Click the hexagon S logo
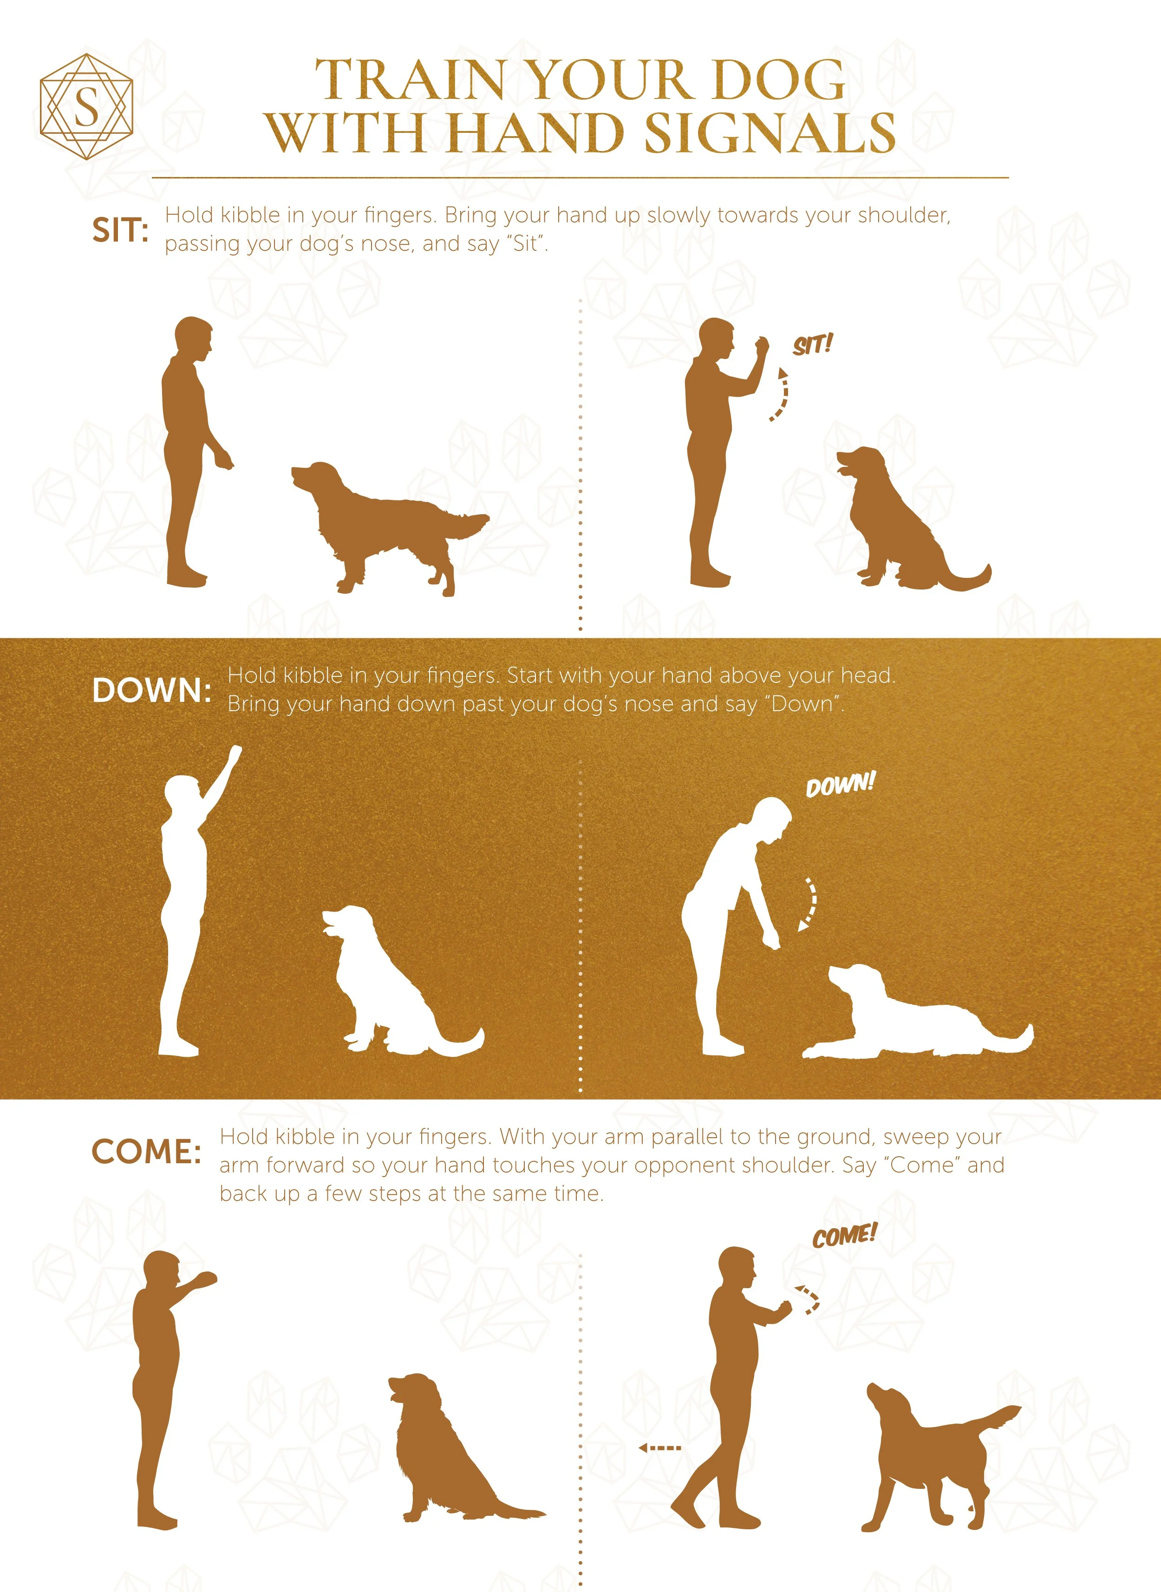pyautogui.click(x=86, y=107)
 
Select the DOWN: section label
pyautogui.click(x=151, y=690)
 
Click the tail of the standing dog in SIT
pyautogui.click(x=470, y=524)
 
